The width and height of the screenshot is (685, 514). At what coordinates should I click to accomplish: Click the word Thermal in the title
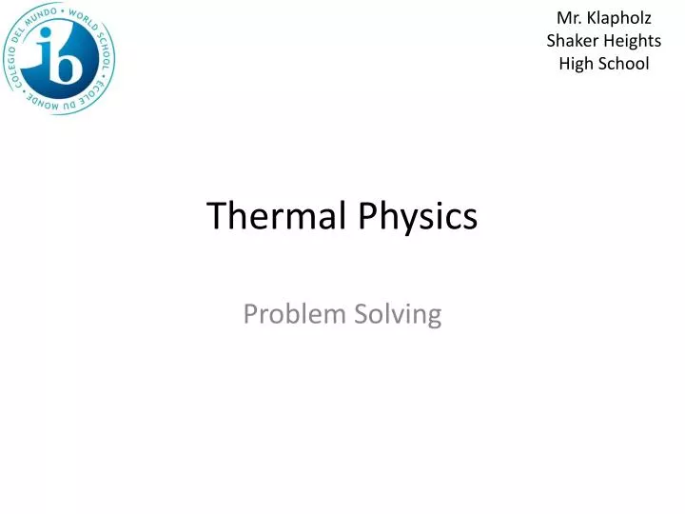(277, 216)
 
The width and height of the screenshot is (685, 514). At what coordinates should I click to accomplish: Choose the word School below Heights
(622, 64)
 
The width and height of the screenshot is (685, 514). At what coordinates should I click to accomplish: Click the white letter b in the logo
(73, 59)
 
